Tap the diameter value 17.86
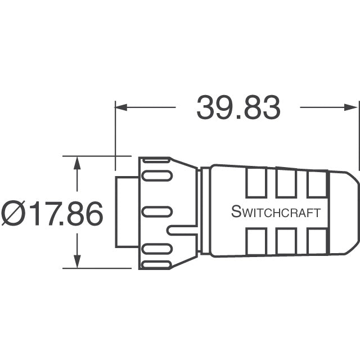click(x=65, y=214)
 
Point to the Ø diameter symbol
click(x=13, y=214)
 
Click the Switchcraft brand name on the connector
click(x=276, y=213)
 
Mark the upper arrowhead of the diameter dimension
click(x=77, y=163)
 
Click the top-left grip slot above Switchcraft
click(x=256, y=183)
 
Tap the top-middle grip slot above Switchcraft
click(x=286, y=183)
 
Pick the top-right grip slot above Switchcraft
click(x=316, y=183)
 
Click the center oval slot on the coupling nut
click(x=156, y=211)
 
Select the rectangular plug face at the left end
click(x=127, y=211)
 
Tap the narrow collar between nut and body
click(x=205, y=211)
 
